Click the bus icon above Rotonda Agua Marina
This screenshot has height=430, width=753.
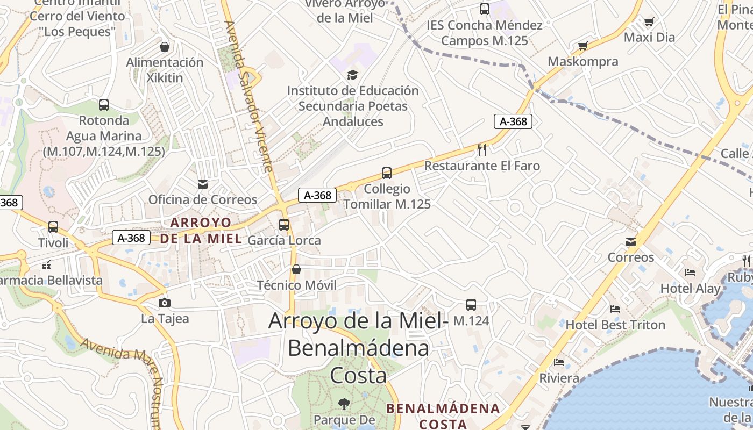click(x=104, y=105)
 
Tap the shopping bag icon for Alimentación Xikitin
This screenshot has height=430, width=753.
click(x=165, y=47)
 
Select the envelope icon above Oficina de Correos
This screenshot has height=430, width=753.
click(x=202, y=184)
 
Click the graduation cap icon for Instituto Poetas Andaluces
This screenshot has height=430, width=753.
click(x=352, y=75)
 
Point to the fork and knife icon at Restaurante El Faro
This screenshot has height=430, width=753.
click(x=482, y=149)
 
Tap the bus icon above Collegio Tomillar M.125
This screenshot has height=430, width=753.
click(x=387, y=173)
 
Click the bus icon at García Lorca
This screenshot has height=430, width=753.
click(x=284, y=225)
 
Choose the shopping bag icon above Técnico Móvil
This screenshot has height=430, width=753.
click(x=296, y=269)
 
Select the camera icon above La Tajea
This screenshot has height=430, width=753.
click(x=165, y=303)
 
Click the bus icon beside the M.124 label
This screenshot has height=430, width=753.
click(x=471, y=305)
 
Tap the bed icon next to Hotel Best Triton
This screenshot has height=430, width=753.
click(x=615, y=309)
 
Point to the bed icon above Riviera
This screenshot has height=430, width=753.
click(x=559, y=362)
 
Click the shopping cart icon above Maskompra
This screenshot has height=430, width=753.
click(x=582, y=46)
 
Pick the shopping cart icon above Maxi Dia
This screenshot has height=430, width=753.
click(x=649, y=22)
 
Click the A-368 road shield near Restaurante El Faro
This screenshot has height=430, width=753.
click(x=513, y=121)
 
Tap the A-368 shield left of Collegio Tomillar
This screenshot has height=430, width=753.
click(x=317, y=195)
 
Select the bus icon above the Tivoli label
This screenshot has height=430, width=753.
click(x=53, y=227)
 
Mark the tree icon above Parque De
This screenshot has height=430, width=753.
click(x=344, y=403)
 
